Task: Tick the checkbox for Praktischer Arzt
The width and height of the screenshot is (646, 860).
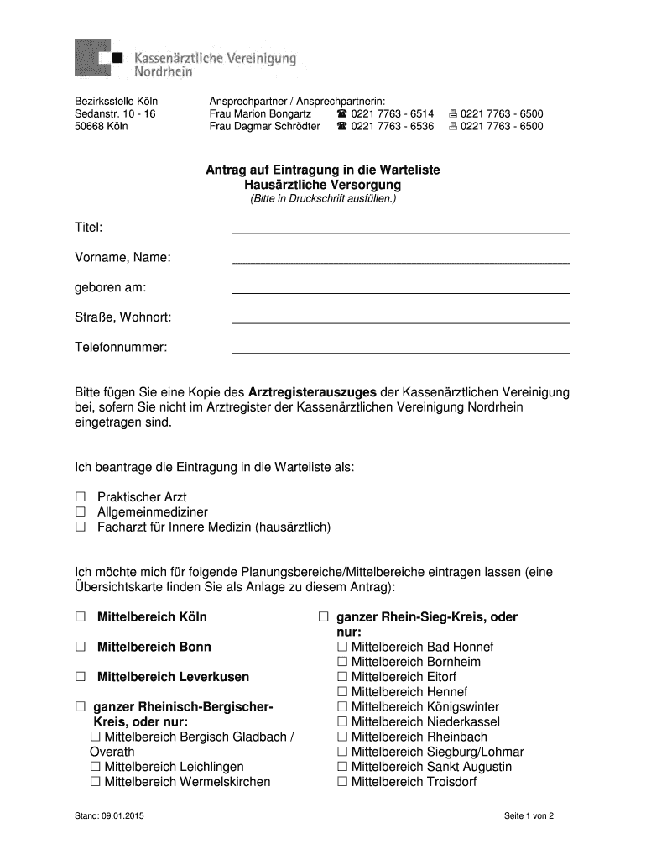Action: click(x=81, y=497)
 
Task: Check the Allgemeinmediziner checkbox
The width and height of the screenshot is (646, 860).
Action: click(x=81, y=512)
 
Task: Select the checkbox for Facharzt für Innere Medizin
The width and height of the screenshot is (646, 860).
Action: click(x=81, y=527)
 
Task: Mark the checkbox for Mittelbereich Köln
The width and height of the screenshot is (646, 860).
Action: click(x=81, y=617)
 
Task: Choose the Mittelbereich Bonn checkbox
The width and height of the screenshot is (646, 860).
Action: click(x=81, y=648)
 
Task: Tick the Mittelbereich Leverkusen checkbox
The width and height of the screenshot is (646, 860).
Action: click(x=81, y=677)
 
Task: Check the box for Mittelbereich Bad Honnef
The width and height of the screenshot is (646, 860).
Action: click(x=341, y=648)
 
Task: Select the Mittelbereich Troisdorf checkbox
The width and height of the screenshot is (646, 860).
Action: click(x=341, y=782)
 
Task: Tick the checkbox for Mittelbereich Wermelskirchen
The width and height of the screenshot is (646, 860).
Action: click(x=96, y=782)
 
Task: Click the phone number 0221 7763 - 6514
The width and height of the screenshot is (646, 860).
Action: click(x=393, y=113)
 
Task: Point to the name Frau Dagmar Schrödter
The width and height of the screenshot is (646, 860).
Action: click(x=264, y=127)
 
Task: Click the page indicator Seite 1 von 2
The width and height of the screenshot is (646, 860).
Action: click(x=529, y=816)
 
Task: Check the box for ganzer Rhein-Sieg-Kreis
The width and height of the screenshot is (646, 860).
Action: click(x=323, y=617)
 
